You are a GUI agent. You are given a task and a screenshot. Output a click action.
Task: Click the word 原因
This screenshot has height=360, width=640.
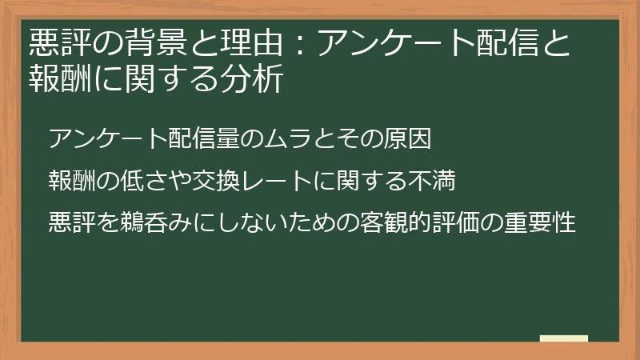[409, 139]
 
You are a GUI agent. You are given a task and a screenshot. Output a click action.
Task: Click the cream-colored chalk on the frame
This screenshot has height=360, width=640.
[563, 338]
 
